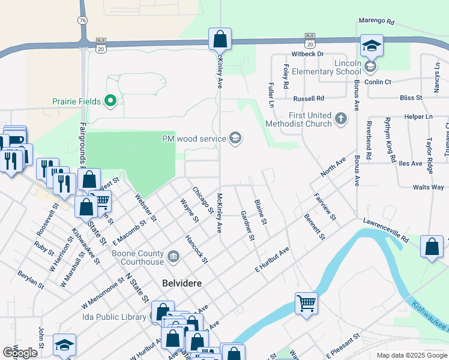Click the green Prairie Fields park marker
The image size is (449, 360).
click(110, 100)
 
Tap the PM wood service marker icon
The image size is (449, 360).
click(235, 139)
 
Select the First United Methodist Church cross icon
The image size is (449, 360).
click(341, 118)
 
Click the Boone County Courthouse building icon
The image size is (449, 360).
click(173, 257)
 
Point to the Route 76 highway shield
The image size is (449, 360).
click(82, 20)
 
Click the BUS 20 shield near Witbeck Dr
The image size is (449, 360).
click(310, 40)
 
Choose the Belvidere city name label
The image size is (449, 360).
click(181, 282)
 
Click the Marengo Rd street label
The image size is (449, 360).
click(376, 21)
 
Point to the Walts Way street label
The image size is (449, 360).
click(429, 188)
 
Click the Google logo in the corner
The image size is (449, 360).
click(20, 353)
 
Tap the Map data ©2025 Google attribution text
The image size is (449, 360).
click(411, 355)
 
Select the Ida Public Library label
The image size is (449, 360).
click(115, 317)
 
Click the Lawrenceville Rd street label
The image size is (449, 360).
click(385, 230)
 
